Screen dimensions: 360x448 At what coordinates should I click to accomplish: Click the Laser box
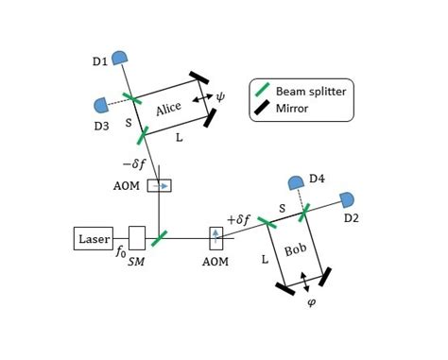(94, 238)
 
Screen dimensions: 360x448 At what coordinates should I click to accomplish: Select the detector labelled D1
(119, 59)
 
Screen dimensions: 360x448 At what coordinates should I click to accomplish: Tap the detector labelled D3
(100, 105)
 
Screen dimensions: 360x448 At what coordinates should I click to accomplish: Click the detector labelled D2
(347, 199)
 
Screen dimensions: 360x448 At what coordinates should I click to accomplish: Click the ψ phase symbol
(221, 96)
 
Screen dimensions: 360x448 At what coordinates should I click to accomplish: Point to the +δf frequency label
(239, 219)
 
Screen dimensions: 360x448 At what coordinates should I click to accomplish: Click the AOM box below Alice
(160, 186)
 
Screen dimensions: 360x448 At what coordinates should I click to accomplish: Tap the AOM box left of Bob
(216, 235)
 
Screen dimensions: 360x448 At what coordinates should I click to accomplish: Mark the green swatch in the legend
(262, 92)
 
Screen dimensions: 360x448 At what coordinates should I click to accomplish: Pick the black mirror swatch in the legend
(262, 109)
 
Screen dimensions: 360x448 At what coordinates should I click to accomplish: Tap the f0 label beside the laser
(121, 254)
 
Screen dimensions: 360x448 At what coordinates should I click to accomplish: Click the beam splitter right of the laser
(160, 238)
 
